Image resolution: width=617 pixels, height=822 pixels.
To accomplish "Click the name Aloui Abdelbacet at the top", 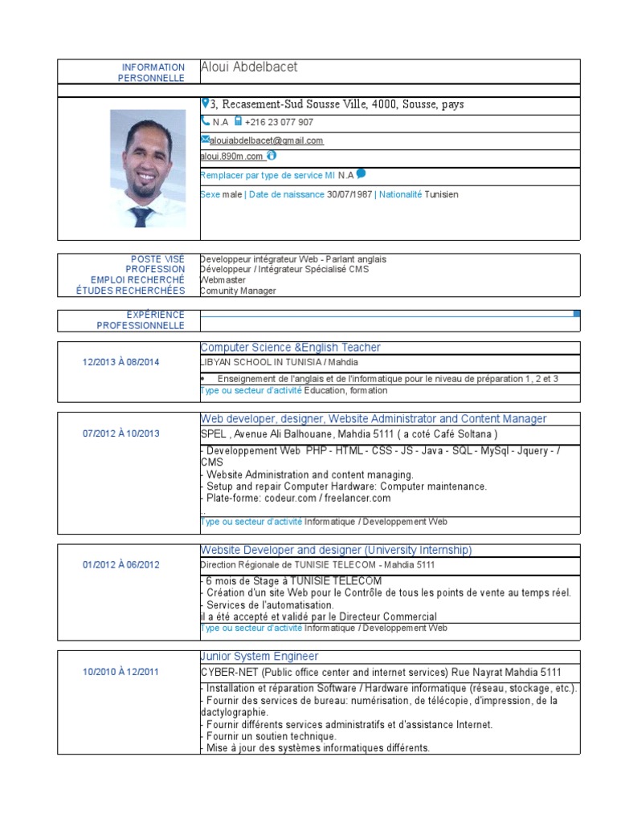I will pos(248,67).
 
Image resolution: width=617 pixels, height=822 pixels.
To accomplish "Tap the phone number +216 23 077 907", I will pos(279,123).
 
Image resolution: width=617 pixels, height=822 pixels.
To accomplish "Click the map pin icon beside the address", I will pos(205,104).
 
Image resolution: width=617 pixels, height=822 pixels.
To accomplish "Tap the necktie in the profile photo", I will pos(142,216).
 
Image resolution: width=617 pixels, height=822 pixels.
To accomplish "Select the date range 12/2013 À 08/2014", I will pos(121,362).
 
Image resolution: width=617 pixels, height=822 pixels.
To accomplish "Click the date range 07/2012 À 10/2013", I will pos(121,433).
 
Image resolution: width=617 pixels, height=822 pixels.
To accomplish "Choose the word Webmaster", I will pos(223,280).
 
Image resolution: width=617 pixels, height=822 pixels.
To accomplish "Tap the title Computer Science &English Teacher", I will pos(290,348).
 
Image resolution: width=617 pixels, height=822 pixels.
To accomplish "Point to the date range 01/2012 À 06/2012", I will pos(121,564).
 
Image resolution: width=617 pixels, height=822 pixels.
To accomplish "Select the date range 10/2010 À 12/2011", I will pos(121,672).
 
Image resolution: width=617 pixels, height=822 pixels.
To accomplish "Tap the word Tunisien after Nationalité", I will pos(441,194).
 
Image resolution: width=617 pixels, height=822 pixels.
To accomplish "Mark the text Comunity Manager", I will pos(238,291).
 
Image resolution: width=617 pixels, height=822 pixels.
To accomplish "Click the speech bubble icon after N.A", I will pos(361,173).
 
